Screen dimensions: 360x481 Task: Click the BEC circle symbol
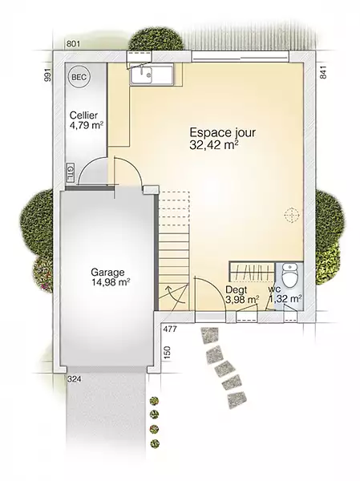tap(79, 77)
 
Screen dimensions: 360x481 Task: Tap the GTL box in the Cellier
tap(70, 173)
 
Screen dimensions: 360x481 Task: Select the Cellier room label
tap(83, 115)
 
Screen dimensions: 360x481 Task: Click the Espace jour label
tap(223, 133)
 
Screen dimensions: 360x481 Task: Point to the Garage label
tap(107, 272)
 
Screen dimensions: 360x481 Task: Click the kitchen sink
tap(141, 75)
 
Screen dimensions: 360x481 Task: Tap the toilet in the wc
tap(289, 276)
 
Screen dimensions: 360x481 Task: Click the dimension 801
tap(73, 44)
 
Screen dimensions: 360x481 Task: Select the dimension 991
tap(47, 75)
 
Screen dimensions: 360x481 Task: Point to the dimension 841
tap(323, 72)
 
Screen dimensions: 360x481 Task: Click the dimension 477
tap(170, 329)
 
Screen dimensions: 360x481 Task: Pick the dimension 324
tap(74, 379)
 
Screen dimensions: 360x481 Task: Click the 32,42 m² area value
tap(214, 145)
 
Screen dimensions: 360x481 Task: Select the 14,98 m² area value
tap(110, 282)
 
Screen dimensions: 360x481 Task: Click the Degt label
tap(236, 289)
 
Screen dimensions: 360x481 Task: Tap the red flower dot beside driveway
tap(155, 428)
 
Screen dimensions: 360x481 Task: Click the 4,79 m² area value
tap(87, 126)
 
